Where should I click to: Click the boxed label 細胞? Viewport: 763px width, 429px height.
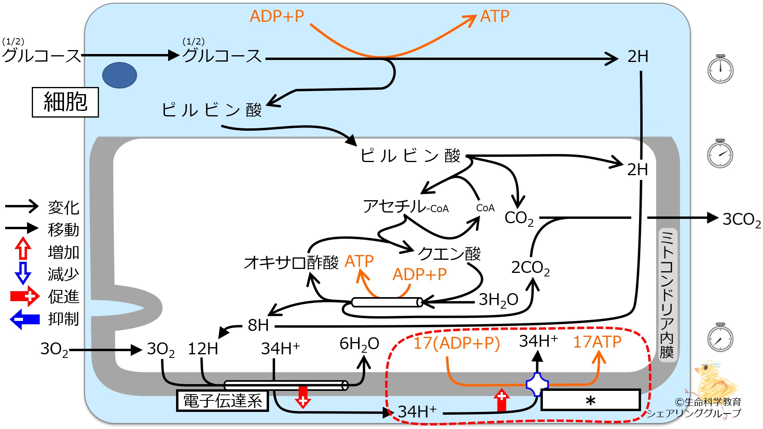coord(65,102)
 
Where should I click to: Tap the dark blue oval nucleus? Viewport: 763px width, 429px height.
coord(120,75)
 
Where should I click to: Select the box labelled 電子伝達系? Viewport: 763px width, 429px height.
coord(223,401)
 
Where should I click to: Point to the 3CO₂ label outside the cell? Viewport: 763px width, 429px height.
coord(742,219)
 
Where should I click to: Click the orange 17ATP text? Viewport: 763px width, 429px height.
coord(597,342)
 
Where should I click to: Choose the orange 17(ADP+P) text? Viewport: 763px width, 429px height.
coord(457,343)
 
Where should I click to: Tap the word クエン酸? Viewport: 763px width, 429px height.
coord(449,253)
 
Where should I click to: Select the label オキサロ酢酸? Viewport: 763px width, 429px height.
coord(291,263)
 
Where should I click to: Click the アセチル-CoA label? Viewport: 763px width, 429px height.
coord(405,207)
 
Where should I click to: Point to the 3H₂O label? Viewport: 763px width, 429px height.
coord(498,300)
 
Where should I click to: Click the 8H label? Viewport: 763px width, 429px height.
coord(258,325)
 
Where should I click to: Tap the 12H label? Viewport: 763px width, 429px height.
coord(203,349)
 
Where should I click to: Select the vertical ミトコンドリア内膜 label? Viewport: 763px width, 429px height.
coord(667,294)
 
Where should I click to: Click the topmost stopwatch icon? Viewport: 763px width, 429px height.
coord(720,69)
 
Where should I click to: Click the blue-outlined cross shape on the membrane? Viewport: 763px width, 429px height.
coord(537,385)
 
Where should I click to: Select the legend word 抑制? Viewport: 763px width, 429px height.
coord(64,319)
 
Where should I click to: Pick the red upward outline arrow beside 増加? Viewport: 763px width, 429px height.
coord(23,249)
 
